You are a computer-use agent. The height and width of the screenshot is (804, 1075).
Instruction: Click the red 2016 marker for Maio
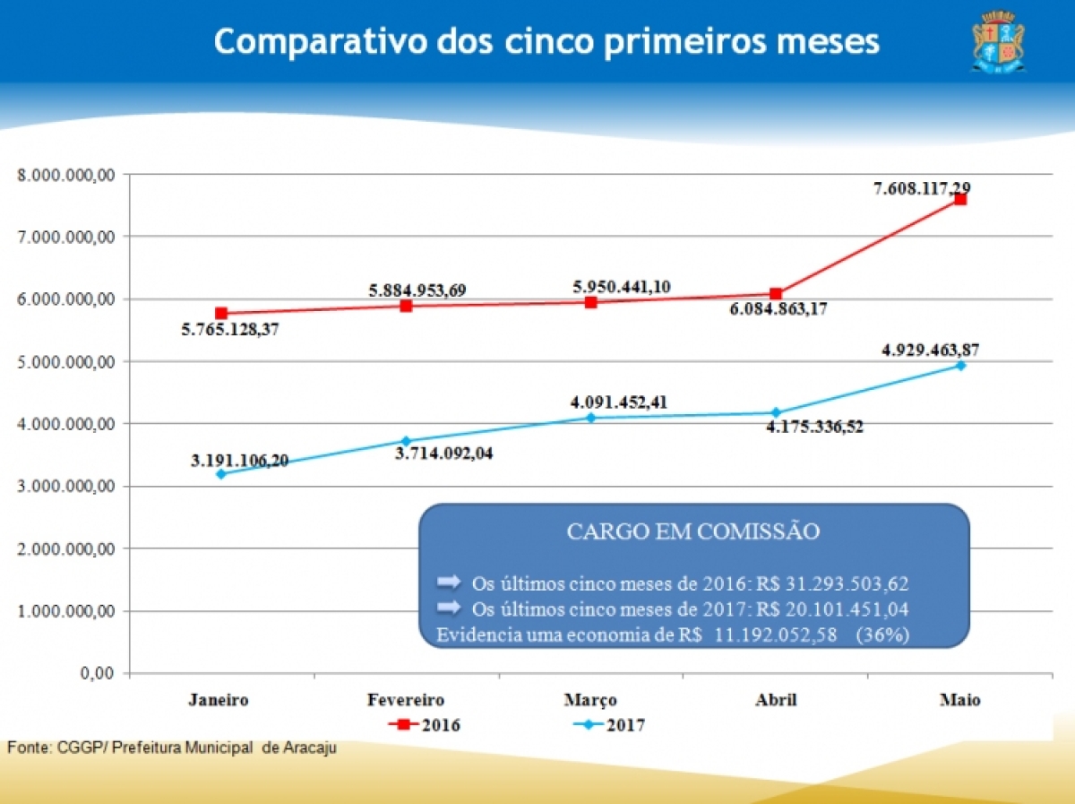[959, 199]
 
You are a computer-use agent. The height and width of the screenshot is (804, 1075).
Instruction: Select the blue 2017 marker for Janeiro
[221, 473]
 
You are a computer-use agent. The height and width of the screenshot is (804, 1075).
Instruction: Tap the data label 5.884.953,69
[417, 290]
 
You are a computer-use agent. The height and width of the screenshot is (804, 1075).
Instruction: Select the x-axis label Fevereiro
[406, 700]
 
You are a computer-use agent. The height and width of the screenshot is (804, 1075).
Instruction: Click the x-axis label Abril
[776, 700]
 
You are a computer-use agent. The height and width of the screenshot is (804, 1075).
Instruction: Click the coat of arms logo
[998, 41]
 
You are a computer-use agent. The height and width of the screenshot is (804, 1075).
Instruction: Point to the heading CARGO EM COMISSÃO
[693, 532]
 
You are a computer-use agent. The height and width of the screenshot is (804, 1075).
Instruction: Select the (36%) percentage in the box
[882, 635]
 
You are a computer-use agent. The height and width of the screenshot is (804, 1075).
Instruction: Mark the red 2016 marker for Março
[590, 302]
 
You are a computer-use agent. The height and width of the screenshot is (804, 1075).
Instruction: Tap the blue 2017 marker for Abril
[776, 412]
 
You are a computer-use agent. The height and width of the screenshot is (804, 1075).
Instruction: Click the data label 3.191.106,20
[239, 461]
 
